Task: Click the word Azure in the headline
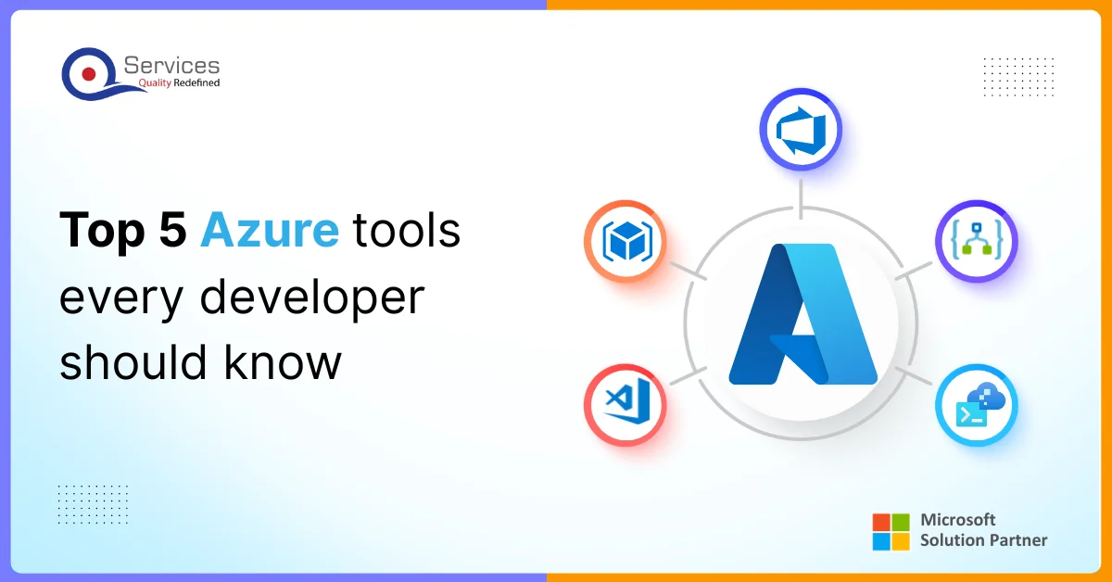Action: tap(270, 229)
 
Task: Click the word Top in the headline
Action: tap(97, 229)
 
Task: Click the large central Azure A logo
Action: tap(802, 314)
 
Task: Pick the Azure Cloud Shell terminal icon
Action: tap(976, 405)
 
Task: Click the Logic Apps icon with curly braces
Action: tap(976, 242)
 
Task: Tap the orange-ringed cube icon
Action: tap(625, 242)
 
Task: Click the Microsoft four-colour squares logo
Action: tap(892, 531)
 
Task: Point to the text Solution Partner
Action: tap(983, 540)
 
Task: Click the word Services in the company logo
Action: tap(171, 65)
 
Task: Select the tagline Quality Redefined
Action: tap(179, 83)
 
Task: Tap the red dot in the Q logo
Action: tap(89, 72)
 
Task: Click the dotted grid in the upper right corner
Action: tap(1017, 76)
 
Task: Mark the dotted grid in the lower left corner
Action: tap(93, 504)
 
